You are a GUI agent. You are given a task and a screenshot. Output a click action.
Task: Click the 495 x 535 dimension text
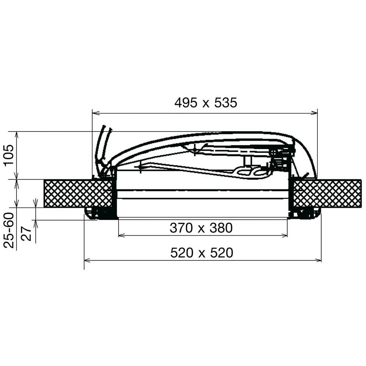tap(206, 103)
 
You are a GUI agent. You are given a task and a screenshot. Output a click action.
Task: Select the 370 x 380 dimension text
tap(201, 228)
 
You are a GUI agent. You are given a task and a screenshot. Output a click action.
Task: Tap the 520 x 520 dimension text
tap(202, 253)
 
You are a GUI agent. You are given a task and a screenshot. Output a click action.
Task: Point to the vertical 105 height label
tap(9, 155)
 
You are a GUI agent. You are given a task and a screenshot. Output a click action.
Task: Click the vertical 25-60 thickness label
tap(9, 230)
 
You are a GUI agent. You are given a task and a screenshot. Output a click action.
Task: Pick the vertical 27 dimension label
tap(26, 234)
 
